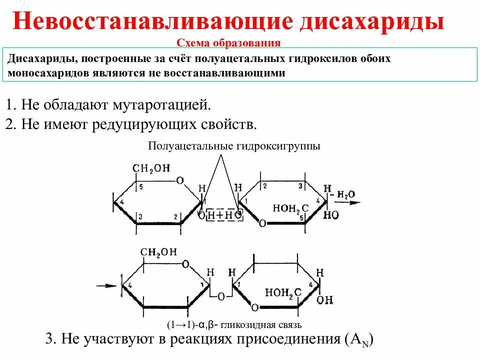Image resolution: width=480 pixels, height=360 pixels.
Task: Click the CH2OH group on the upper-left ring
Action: point(151,168)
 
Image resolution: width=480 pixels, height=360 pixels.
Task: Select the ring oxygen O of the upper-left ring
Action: point(180,180)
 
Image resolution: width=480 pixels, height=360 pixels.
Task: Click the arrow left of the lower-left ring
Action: point(106,286)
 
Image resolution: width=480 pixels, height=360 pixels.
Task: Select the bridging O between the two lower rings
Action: point(220,296)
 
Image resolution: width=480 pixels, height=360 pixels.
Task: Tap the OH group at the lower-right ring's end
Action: point(324,299)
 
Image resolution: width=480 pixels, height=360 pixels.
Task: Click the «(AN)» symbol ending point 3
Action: point(359,340)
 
